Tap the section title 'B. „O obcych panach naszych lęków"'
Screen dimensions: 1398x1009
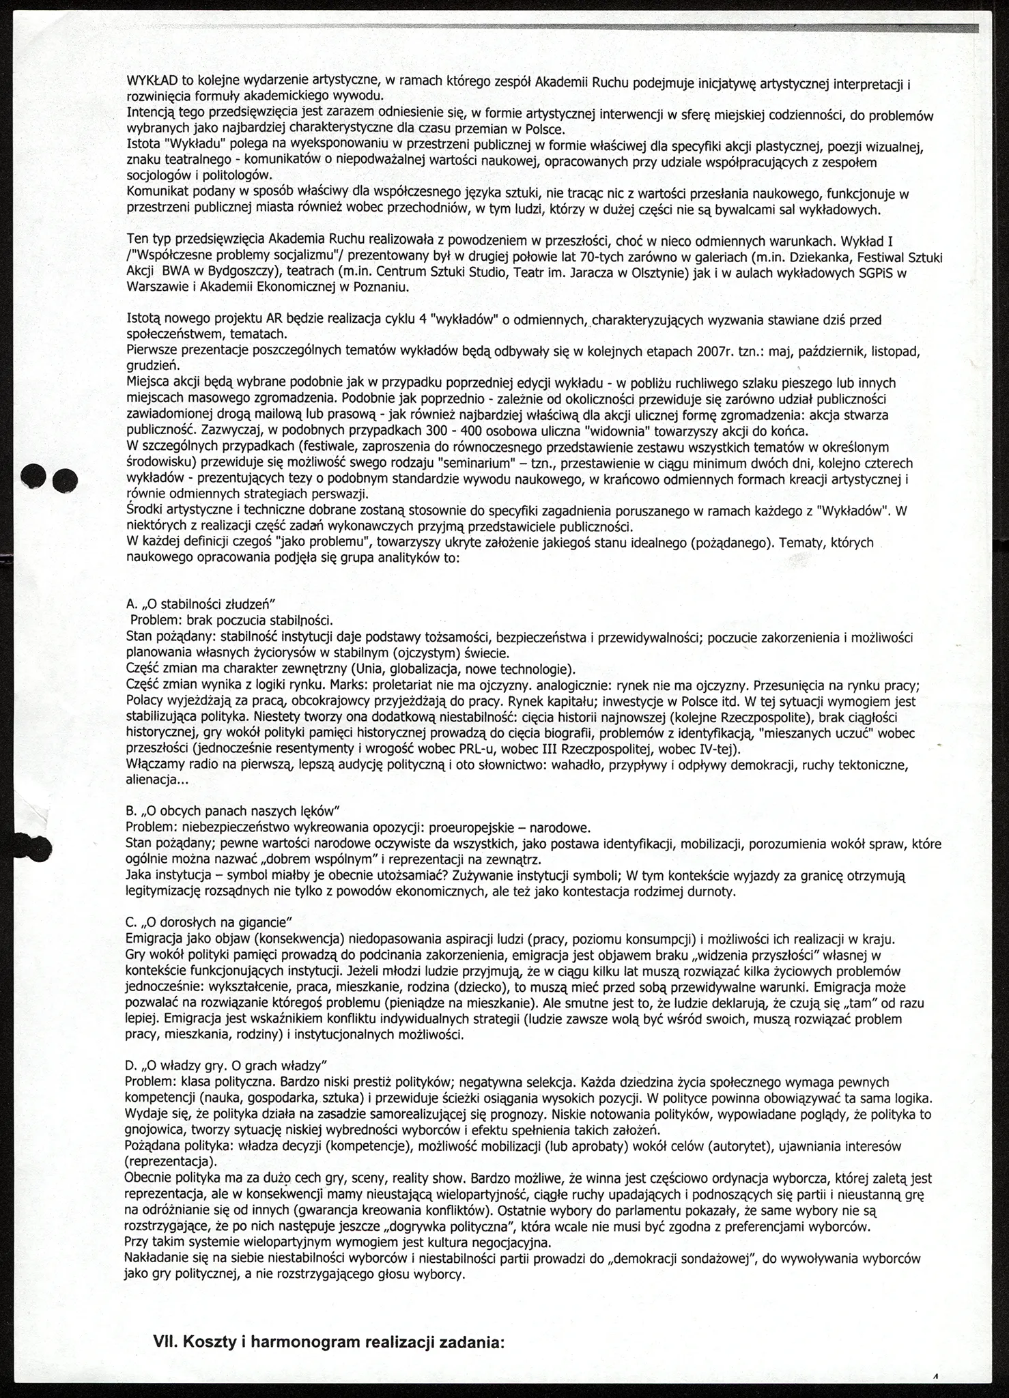tap(233, 811)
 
